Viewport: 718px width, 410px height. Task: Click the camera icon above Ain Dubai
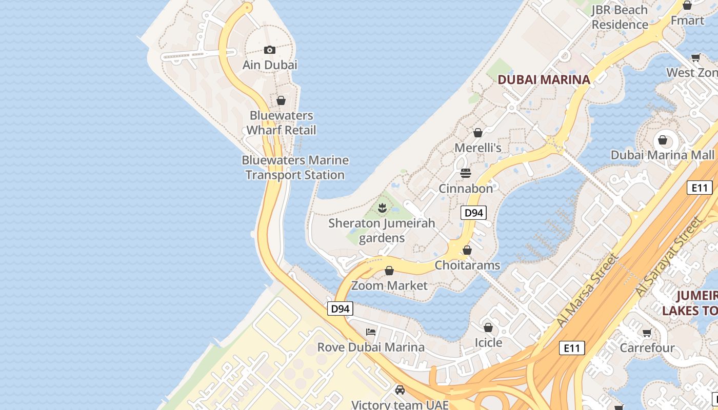(270, 50)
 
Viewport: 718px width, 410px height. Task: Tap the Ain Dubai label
(270, 65)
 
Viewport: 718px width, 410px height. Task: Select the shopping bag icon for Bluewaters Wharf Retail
(281, 100)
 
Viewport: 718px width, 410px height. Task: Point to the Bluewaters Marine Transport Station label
(295, 168)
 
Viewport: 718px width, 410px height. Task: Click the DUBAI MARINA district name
(544, 79)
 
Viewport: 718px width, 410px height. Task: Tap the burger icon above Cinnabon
(466, 173)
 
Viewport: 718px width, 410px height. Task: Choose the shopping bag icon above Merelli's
(478, 133)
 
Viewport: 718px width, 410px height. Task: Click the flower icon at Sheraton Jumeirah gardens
(382, 208)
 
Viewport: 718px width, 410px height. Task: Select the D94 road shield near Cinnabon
(473, 213)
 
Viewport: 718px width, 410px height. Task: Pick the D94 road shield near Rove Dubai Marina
(340, 309)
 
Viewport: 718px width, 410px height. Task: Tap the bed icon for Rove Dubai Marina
(371, 332)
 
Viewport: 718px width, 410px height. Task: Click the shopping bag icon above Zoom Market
(389, 271)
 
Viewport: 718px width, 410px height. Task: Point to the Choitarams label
(467, 265)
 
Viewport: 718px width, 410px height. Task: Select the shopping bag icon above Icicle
(488, 327)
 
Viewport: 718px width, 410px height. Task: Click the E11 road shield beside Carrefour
(571, 348)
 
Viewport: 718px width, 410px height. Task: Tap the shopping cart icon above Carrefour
(647, 333)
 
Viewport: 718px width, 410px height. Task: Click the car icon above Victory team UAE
(400, 390)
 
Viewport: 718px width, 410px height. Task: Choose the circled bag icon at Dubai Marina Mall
(663, 140)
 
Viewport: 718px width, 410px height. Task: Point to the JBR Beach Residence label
(620, 17)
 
